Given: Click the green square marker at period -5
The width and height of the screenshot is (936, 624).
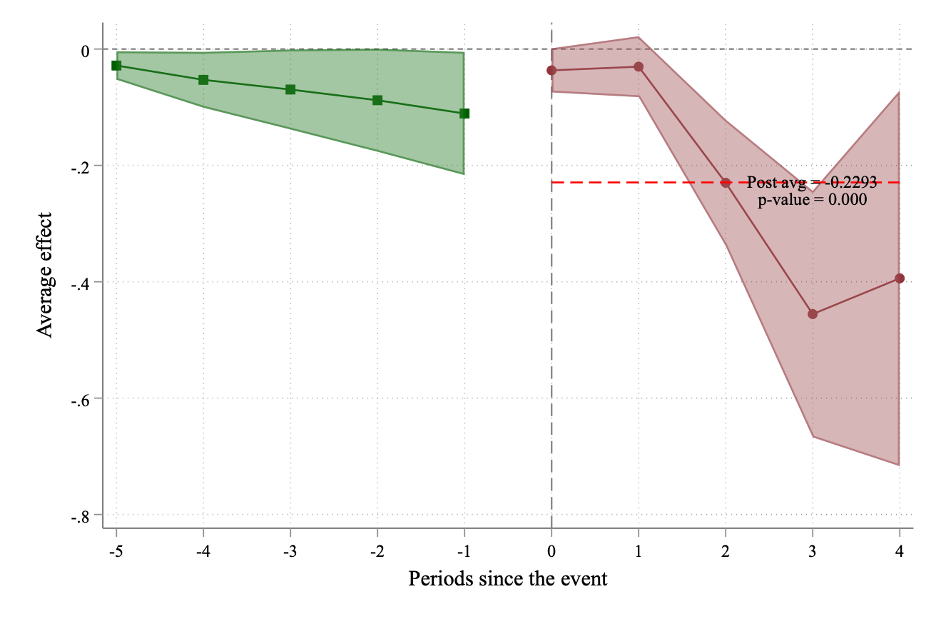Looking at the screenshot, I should pos(116,66).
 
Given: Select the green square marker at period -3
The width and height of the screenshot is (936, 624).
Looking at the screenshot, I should pos(290,89).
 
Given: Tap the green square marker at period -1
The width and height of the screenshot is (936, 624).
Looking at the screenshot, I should pos(464,114).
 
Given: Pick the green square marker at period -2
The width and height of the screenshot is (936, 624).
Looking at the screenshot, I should pos(377,100).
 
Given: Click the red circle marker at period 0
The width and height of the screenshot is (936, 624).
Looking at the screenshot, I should pos(551,70).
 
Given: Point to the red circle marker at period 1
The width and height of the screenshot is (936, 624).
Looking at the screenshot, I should pos(639,66).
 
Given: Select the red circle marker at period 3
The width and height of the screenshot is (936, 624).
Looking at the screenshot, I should pos(813,314).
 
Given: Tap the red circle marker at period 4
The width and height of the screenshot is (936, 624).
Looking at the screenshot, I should pos(900,278).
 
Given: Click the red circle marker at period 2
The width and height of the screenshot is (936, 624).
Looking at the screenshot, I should pos(726,183).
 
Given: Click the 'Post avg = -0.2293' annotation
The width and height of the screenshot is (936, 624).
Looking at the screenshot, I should pos(812,183).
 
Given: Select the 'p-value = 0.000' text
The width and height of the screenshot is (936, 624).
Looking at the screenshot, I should pos(812,201).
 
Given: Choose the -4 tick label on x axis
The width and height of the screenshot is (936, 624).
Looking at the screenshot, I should pos(203,551).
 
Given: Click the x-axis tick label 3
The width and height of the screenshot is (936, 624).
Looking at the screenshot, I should pos(813,551).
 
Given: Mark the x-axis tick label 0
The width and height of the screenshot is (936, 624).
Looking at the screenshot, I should pos(551,551).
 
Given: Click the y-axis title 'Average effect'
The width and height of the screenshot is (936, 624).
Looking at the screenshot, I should pos(46,275).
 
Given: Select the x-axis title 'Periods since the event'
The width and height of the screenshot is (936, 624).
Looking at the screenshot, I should pos(508,578).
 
